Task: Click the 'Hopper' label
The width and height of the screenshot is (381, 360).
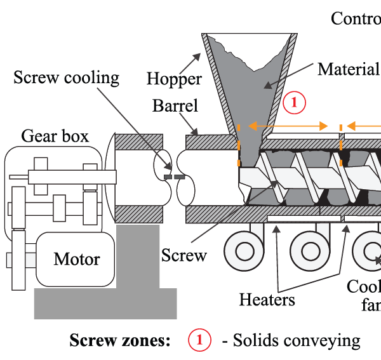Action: [174, 79]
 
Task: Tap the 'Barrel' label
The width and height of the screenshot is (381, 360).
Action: [175, 105]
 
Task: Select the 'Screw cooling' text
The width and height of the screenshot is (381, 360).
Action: [67, 78]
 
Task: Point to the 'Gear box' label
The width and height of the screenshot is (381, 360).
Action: [55, 136]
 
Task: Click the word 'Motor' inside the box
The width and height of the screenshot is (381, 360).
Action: [77, 259]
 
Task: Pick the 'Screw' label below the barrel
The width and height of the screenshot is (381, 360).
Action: [184, 255]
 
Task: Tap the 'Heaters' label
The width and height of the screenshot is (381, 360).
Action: [267, 299]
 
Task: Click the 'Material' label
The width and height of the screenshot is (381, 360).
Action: [348, 69]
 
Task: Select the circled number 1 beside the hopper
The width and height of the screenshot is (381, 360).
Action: [295, 102]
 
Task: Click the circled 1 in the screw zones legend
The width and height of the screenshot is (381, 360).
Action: [199, 340]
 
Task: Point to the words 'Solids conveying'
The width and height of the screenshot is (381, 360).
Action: [297, 340]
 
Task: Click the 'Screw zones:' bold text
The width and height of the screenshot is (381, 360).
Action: [119, 340]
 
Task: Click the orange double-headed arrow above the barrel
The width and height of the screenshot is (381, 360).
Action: [288, 126]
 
